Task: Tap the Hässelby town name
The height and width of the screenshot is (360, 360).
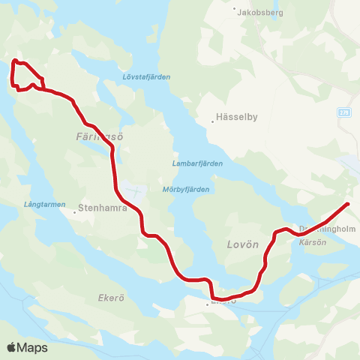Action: [236, 117]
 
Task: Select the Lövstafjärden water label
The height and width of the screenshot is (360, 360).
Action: [146, 76]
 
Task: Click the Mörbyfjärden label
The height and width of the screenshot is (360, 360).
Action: [185, 190]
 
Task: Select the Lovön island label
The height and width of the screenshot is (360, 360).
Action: [242, 245]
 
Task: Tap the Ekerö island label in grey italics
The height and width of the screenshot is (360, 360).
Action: [110, 298]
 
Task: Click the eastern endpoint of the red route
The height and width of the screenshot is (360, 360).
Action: [348, 204]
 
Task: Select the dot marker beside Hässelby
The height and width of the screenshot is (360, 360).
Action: [212, 122]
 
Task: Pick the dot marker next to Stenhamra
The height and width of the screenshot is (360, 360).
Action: [75, 211]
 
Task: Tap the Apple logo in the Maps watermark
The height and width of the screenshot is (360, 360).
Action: [12, 347]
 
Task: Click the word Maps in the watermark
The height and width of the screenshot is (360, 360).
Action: [33, 348]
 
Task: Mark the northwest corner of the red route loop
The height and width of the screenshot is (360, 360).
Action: [14, 61]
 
